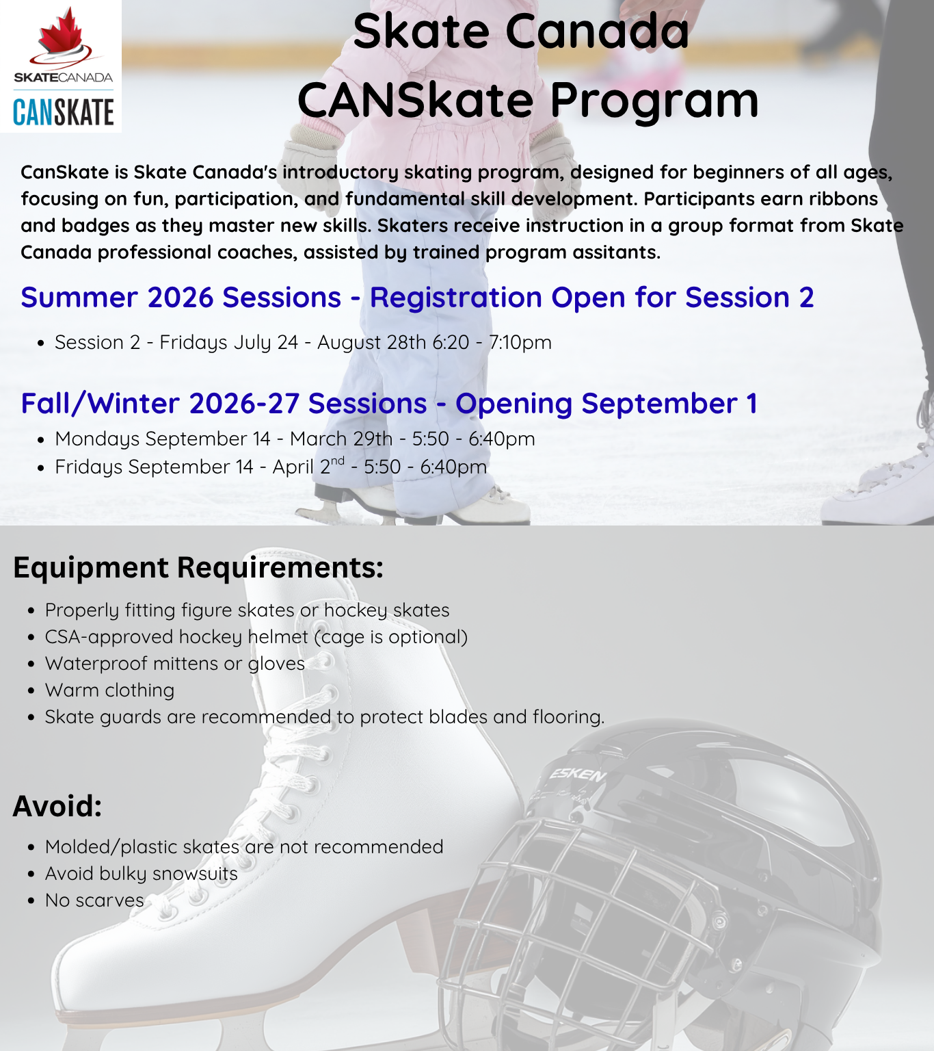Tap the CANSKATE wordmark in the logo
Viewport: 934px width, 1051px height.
point(63,113)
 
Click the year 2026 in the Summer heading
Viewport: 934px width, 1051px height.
point(181,298)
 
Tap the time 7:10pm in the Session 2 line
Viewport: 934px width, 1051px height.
point(520,343)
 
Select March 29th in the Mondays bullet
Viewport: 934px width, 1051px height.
point(341,439)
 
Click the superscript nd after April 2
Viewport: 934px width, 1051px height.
point(337,460)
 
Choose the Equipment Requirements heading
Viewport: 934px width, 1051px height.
point(198,567)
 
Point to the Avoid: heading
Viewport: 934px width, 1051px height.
point(57,806)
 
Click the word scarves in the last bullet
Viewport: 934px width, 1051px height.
point(110,900)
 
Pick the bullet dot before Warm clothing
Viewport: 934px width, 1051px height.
point(31,691)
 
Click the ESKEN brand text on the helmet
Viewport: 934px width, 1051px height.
point(577,775)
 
